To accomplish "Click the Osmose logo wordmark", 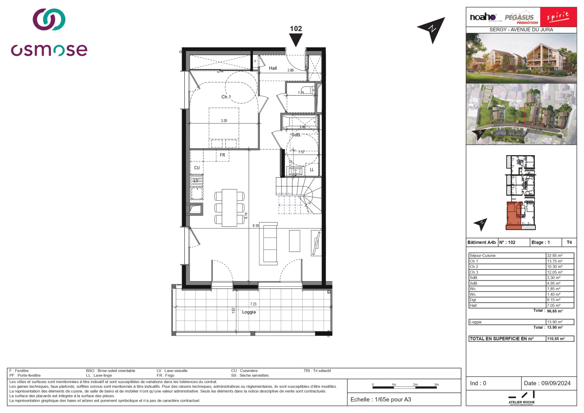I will [49, 50].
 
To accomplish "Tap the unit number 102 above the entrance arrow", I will [296, 28].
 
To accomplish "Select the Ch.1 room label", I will [226, 97].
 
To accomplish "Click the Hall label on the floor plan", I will [273, 68].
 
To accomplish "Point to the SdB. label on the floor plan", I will [296, 135].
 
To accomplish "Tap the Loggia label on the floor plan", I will [249, 312].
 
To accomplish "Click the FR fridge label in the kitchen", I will [222, 155].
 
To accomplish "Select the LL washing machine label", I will [312, 170].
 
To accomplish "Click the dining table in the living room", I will [229, 207].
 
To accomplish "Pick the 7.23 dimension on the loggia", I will [253, 304].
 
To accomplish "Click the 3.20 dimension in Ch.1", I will [224, 121].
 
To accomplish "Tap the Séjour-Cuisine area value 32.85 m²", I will [554, 256].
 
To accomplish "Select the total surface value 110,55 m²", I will [556, 339].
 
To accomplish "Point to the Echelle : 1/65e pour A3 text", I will [380, 399].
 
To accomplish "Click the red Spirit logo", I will [558, 17].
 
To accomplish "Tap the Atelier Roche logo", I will [521, 398].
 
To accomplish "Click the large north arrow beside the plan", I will [433, 29].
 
